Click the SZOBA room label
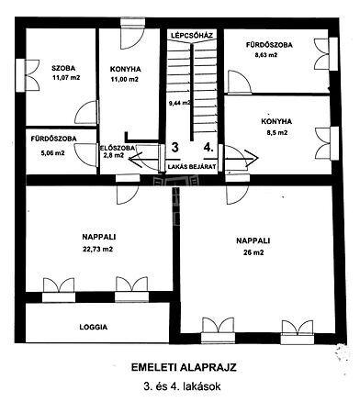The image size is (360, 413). (x=63, y=68)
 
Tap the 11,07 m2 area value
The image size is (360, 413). (x=66, y=78)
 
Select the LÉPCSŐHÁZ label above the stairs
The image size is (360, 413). (x=192, y=35)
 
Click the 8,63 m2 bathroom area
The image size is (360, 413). (x=265, y=55)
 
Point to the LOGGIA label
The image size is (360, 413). (x=94, y=327)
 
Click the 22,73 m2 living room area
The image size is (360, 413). (x=97, y=250)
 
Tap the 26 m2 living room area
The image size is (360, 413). (x=253, y=252)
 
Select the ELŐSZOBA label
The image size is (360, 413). (x=118, y=148)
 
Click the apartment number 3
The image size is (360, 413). (x=174, y=147)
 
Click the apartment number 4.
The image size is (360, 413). (x=208, y=148)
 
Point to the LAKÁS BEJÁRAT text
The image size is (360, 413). (x=192, y=167)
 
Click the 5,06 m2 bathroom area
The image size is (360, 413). (x=52, y=153)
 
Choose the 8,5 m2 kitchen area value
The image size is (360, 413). (x=276, y=133)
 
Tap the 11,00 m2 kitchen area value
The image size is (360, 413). (x=124, y=80)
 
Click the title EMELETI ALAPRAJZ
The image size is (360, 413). (x=184, y=367)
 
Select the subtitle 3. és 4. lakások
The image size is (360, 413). (x=182, y=386)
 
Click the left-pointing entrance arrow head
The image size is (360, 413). (x=134, y=159)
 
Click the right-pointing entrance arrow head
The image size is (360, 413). (x=253, y=158)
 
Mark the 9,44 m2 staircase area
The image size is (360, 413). (x=180, y=103)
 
